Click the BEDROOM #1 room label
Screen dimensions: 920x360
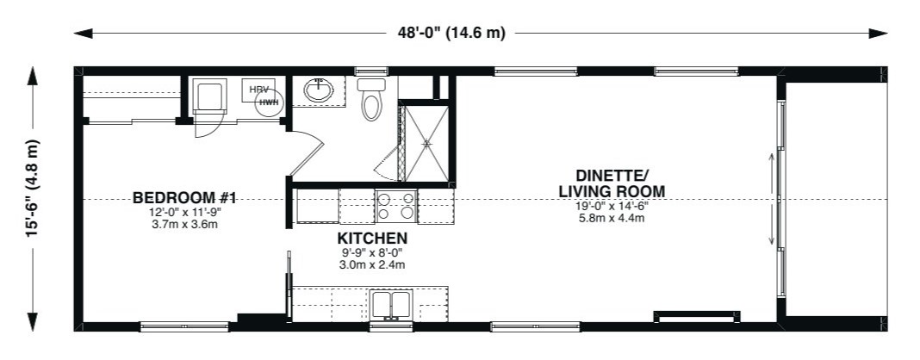(183, 197)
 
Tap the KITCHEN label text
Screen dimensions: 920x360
(372, 239)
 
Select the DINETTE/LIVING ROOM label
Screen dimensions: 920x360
(612, 183)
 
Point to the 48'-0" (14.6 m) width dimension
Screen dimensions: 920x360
(451, 33)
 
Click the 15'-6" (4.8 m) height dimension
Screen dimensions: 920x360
(32, 189)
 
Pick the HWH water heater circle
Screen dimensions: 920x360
(270, 103)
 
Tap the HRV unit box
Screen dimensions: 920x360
(258, 90)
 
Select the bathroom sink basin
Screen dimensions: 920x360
(319, 90)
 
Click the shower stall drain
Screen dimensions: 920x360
(427, 143)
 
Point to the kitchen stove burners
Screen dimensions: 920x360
(396, 206)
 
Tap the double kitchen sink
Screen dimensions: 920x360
(391, 304)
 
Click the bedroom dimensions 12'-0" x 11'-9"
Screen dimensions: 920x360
(183, 213)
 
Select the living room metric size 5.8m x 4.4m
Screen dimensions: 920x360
(612, 219)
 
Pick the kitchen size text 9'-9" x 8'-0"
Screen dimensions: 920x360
(372, 254)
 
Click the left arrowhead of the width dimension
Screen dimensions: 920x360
(84, 34)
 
